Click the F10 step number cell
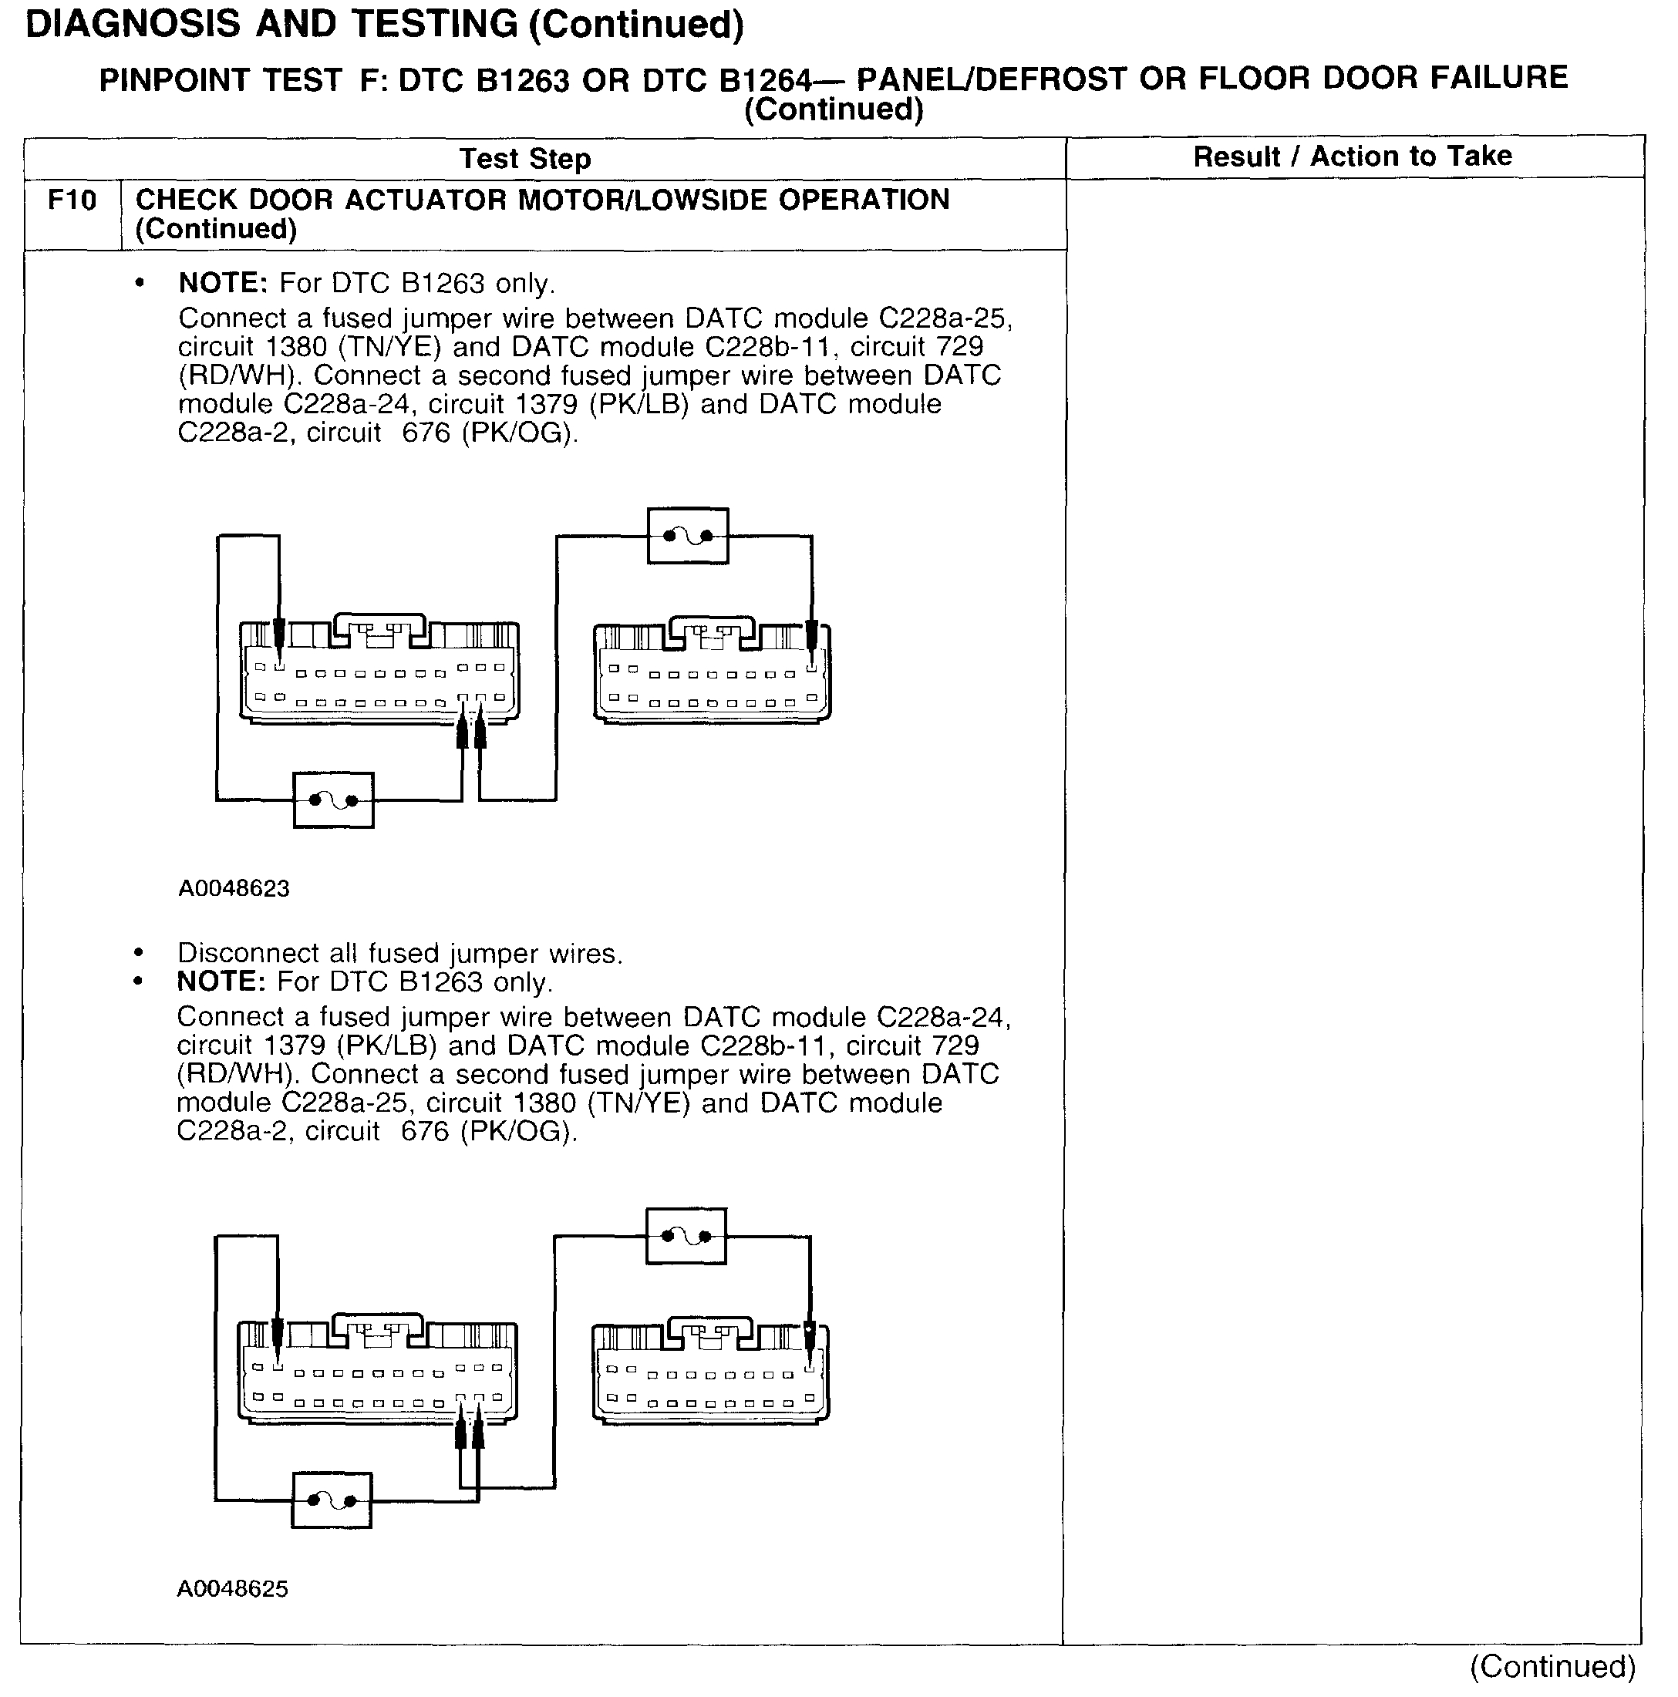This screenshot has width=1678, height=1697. pyautogui.click(x=72, y=201)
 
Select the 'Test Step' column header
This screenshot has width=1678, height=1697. pyautogui.click(x=524, y=159)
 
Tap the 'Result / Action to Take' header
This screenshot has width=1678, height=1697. pyautogui.click(x=1352, y=157)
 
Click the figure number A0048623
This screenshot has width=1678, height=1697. pyautogui.click(x=234, y=888)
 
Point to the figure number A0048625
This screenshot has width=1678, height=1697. pyautogui.click(x=232, y=1588)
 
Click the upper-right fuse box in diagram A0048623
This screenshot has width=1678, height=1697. pyautogui.click(x=687, y=535)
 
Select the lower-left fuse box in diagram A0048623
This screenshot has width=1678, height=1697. pyautogui.click(x=333, y=800)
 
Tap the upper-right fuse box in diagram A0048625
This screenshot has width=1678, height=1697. pyautogui.click(x=686, y=1236)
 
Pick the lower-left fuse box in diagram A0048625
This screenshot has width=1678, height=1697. pyautogui.click(x=332, y=1500)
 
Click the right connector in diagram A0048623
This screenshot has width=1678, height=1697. pyautogui.click(x=712, y=672)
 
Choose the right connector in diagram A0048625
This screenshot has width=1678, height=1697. pyautogui.click(x=710, y=1373)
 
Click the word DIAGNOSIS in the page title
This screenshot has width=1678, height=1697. pyautogui.click(x=132, y=25)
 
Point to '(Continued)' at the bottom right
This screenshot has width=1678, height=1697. pyautogui.click(x=1552, y=1666)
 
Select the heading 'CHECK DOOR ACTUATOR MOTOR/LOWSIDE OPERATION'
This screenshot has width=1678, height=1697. pyautogui.click(x=542, y=200)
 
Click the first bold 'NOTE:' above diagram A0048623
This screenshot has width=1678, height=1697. pyautogui.click(x=222, y=284)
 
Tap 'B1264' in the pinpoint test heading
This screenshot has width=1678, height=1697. pyautogui.click(x=764, y=81)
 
